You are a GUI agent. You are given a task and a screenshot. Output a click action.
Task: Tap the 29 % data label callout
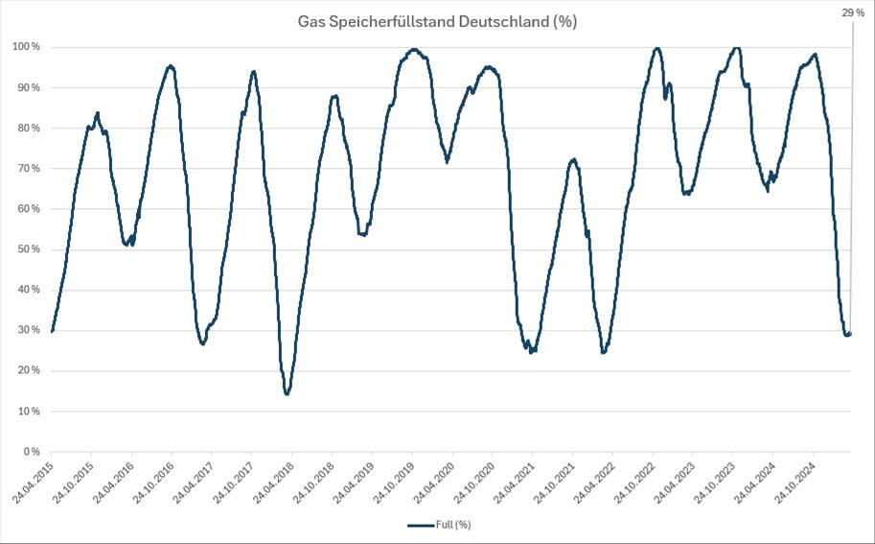[x=852, y=12]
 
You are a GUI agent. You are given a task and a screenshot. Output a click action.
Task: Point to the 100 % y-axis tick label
[x=26, y=47]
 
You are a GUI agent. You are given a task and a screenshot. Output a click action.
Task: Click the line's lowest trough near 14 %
[x=287, y=393]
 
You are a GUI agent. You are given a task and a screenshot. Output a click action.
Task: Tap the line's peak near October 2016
[x=171, y=65]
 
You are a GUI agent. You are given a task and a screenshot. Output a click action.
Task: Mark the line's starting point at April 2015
[x=52, y=331]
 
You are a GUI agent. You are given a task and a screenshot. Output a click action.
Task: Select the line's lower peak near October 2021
[x=573, y=159]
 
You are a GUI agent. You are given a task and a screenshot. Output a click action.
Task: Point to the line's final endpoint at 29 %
[x=850, y=333]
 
